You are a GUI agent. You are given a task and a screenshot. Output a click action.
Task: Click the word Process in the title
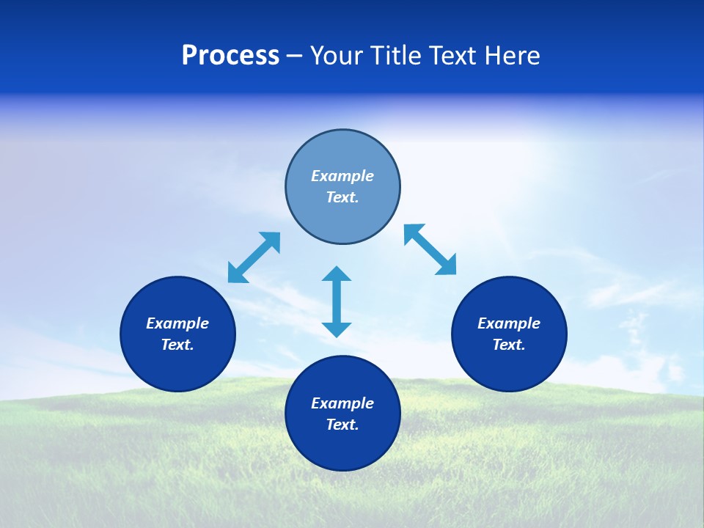click(x=230, y=56)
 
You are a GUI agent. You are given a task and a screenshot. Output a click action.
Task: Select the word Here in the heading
click(x=511, y=56)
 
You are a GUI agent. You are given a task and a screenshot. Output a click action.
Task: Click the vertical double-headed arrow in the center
click(x=337, y=301)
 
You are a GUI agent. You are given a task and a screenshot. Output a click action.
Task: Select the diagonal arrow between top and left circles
click(x=254, y=257)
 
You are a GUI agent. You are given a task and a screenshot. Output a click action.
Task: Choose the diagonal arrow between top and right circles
click(x=430, y=249)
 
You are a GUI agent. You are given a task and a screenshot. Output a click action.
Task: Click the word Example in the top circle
click(x=342, y=176)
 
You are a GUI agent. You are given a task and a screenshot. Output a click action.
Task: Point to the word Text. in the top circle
click(x=342, y=197)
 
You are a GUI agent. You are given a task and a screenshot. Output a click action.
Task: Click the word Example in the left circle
click(x=177, y=323)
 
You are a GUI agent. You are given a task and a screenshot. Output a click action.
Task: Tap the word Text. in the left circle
click(x=177, y=345)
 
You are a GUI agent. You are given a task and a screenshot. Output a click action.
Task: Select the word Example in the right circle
click(x=509, y=323)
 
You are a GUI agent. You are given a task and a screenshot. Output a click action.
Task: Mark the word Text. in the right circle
click(x=509, y=345)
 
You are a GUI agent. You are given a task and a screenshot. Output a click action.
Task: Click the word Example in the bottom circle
click(x=342, y=403)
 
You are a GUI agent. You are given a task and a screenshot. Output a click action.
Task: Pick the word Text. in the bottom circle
click(x=342, y=425)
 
